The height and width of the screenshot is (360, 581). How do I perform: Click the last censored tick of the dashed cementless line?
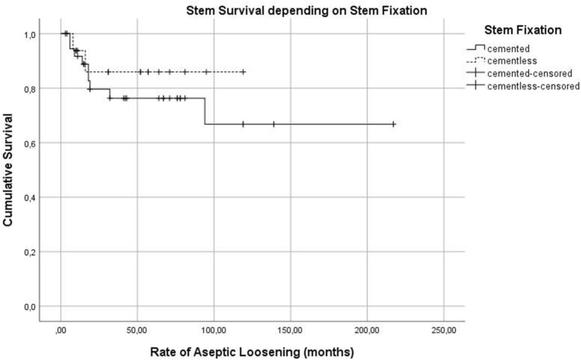[244, 71]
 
